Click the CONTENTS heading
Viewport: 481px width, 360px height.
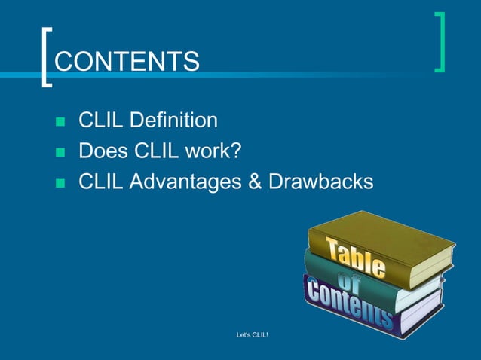(127, 61)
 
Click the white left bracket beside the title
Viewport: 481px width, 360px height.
(46, 58)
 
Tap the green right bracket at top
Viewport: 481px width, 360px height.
(440, 42)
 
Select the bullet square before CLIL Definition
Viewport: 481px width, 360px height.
(61, 121)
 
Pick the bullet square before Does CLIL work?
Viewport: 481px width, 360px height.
(61, 152)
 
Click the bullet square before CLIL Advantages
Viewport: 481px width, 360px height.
(61, 183)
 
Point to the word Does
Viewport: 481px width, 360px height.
(103, 151)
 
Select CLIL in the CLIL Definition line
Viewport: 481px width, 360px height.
(102, 120)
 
